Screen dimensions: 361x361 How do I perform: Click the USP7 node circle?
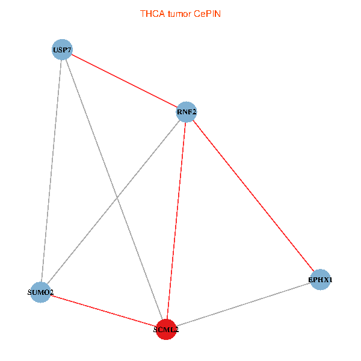click(x=62, y=49)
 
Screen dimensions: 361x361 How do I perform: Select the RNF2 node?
click(x=186, y=111)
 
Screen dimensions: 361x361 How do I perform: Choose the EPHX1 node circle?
click(x=320, y=279)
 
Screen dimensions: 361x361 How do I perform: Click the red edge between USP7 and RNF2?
click(x=124, y=81)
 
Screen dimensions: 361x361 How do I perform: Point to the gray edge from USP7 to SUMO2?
click(x=51, y=171)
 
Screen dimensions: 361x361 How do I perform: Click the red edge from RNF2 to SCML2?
click(x=176, y=220)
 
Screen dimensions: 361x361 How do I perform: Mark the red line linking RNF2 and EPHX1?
click(x=253, y=195)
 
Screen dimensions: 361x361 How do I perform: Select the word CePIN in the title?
click(x=207, y=13)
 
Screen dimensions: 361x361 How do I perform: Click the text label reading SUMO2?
click(x=41, y=293)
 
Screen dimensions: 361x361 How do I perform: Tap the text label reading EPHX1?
click(x=321, y=280)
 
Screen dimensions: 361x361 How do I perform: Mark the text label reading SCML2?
click(x=166, y=330)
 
